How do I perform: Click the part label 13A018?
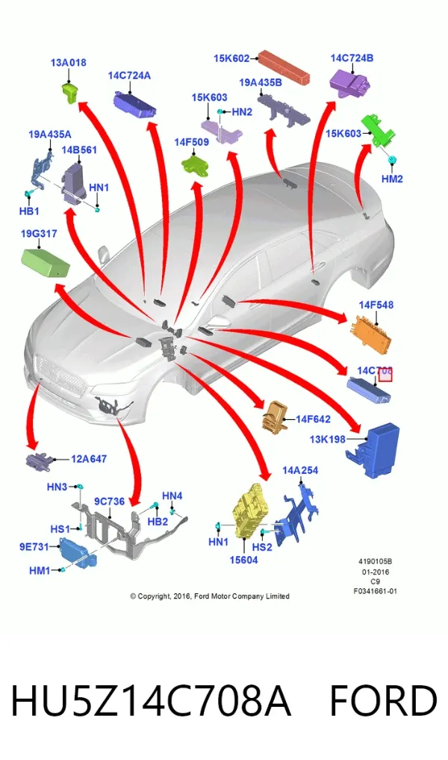[68, 63]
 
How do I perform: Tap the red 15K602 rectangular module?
[283, 67]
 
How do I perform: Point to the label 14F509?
[191, 142]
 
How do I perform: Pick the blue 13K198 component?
[373, 451]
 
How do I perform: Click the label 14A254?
[300, 470]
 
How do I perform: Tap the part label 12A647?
[89, 459]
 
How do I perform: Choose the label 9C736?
[109, 501]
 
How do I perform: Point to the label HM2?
[392, 179]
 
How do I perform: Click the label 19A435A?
[49, 135]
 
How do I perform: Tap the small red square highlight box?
[385, 374]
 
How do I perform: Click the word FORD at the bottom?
[383, 700]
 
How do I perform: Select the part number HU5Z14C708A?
[151, 700]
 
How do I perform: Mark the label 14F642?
[313, 419]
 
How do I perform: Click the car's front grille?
[60, 374]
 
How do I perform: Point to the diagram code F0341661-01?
[375, 591]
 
